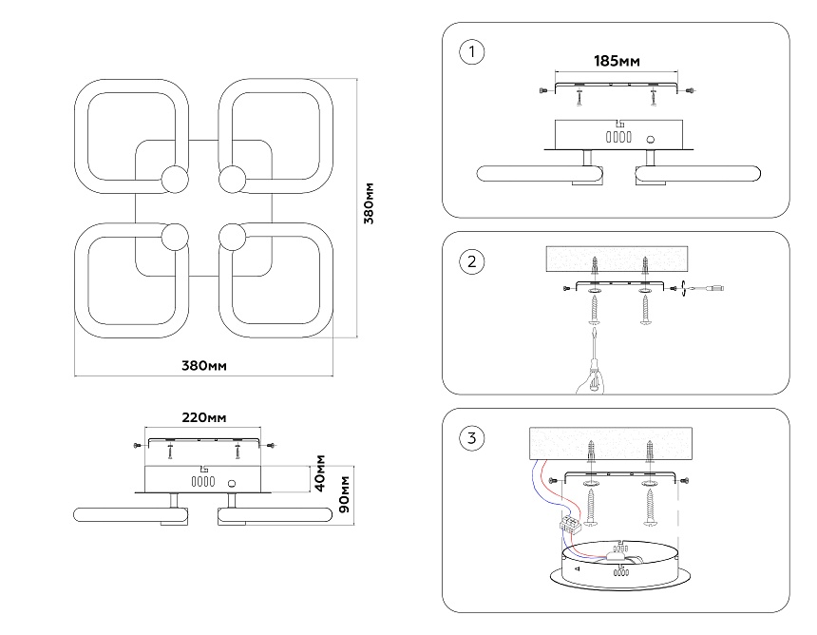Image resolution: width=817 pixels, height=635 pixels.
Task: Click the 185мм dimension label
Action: (617, 62)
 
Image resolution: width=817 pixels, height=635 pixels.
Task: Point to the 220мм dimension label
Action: (203, 418)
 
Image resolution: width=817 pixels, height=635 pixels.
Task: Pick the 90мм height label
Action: (347, 493)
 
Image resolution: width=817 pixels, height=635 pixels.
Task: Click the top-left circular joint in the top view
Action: (175, 178)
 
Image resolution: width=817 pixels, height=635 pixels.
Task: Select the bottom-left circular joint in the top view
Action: (175, 235)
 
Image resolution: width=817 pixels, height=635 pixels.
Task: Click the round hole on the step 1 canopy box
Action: (653, 137)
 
